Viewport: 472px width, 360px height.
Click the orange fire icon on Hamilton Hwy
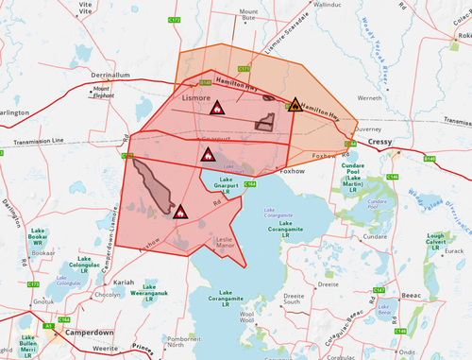295,105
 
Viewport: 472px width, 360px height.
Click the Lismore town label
196,97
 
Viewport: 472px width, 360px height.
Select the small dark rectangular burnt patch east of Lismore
265,122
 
